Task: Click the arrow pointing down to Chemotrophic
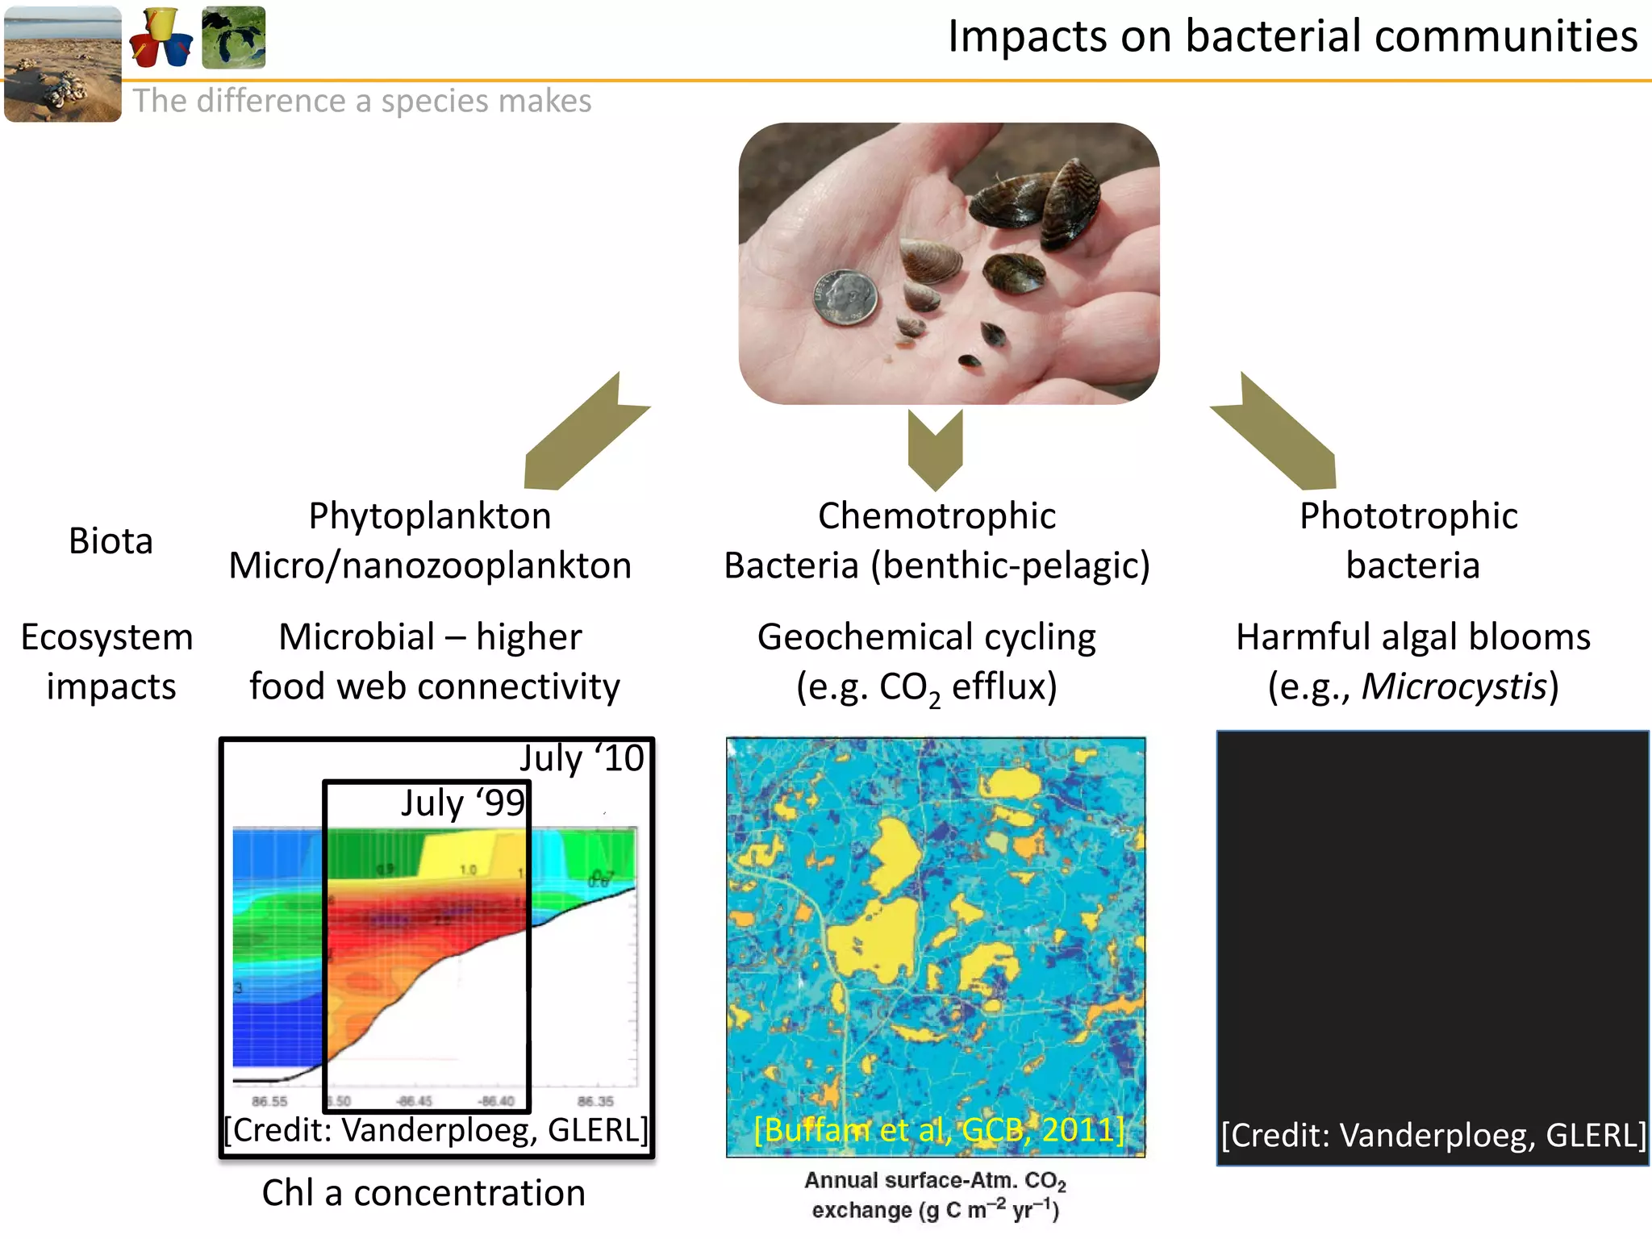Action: pyautogui.click(x=935, y=450)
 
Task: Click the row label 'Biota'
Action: pyautogui.click(x=111, y=541)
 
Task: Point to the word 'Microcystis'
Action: pyautogui.click(x=1454, y=687)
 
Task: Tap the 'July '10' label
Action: pyautogui.click(x=582, y=758)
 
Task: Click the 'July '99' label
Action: pyautogui.click(x=463, y=803)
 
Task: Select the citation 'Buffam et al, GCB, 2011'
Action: pyautogui.click(x=938, y=1130)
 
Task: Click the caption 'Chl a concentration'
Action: pyautogui.click(x=423, y=1193)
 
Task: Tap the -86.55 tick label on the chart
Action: pyautogui.click(x=269, y=1102)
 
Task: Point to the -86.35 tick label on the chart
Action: pyautogui.click(x=595, y=1102)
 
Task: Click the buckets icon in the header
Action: pyautogui.click(x=161, y=37)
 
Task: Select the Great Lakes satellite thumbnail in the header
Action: pyautogui.click(x=233, y=37)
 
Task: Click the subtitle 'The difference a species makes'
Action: pyautogui.click(x=362, y=102)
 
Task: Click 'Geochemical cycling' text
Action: pyautogui.click(x=926, y=637)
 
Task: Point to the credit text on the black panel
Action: pyautogui.click(x=1433, y=1136)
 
